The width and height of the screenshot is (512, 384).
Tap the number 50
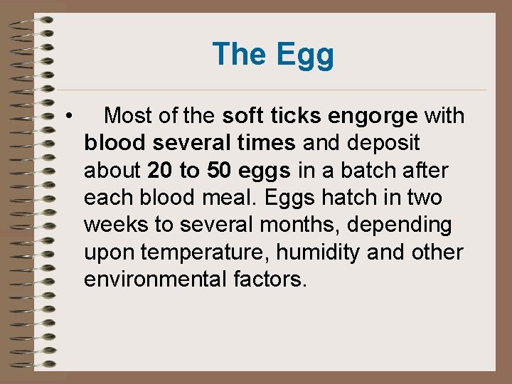[x=220, y=170]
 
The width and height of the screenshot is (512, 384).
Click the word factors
[x=271, y=279]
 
